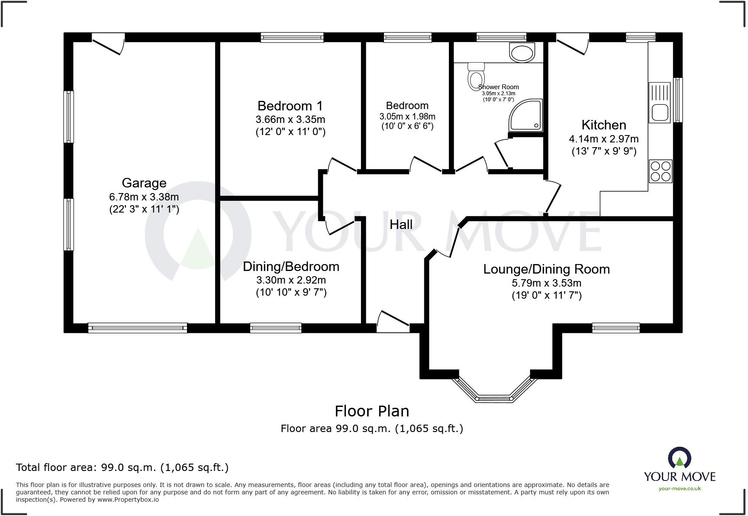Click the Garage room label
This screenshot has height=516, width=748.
coord(144,183)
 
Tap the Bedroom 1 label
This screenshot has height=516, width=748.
coord(290,106)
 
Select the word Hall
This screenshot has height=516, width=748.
coord(401,224)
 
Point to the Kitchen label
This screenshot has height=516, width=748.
coord(604,125)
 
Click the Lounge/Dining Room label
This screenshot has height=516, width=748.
coord(546,269)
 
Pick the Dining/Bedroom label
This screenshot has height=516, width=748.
coord(291,267)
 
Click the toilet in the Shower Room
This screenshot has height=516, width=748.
coord(476,77)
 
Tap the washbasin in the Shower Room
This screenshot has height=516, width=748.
coord(522,53)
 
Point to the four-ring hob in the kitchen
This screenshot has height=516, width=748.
coord(661,171)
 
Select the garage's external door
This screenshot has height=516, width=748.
coord(108,44)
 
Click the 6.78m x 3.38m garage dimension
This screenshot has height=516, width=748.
coord(144,197)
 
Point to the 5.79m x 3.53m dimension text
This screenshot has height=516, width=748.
coord(546,283)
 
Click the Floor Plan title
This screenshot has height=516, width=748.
coord(372,411)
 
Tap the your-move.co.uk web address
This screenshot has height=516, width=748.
coord(680,489)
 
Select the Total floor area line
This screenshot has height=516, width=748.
coord(122,468)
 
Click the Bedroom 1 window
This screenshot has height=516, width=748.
coord(292,38)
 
